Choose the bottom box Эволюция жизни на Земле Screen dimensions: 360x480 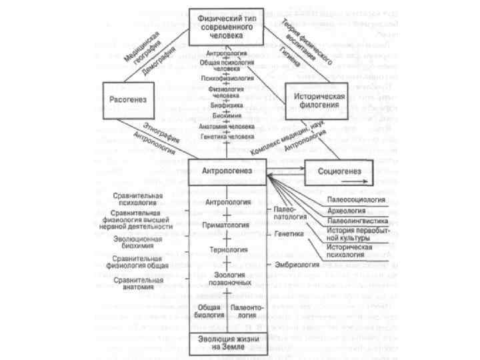point(228,343)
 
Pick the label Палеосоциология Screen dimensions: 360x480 point(357,199)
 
